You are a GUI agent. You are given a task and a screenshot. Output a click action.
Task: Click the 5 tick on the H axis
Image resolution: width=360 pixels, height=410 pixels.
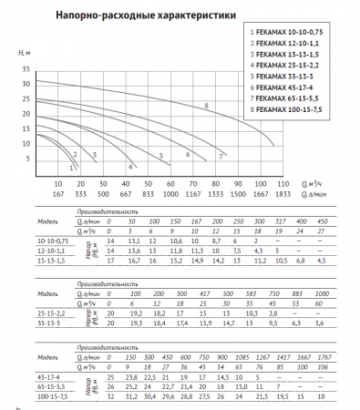point(26,159)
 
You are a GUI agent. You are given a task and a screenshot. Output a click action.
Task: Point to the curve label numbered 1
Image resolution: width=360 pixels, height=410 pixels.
point(72,167)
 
